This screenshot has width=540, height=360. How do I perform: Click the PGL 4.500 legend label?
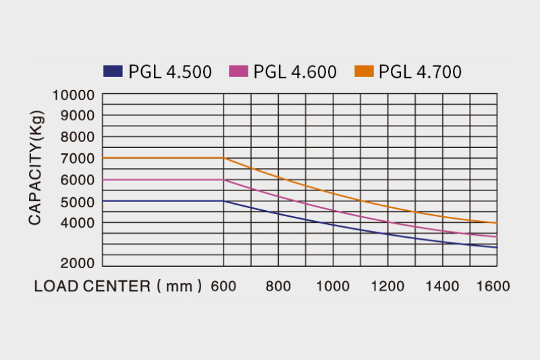(169, 72)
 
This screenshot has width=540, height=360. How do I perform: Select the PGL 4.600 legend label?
(295, 72)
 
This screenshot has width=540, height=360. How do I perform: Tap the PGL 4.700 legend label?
(420, 72)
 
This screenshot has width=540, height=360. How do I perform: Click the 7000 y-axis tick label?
(76, 159)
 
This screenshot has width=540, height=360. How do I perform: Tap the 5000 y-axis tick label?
(76, 201)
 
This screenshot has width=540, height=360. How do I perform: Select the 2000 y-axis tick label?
(76, 263)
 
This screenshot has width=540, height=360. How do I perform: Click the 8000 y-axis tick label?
(76, 137)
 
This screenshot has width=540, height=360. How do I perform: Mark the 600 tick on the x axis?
(223, 286)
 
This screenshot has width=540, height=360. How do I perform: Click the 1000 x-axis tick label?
(333, 286)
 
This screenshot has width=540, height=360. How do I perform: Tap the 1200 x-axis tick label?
(387, 286)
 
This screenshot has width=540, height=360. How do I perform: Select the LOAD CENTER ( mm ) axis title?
(118, 286)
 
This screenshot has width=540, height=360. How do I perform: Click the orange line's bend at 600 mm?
(223, 158)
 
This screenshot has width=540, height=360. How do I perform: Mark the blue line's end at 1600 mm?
(497, 247)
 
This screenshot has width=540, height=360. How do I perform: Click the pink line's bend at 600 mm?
(223, 180)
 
